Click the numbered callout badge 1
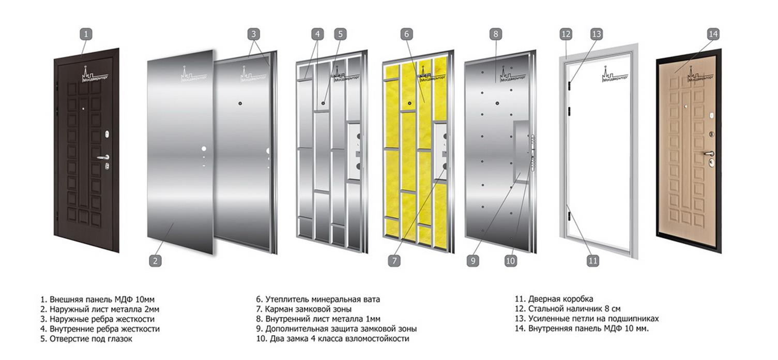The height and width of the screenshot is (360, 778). tap(86, 34)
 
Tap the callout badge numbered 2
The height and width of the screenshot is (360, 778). tap(155, 261)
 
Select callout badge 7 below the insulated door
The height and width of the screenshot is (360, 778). tap(394, 261)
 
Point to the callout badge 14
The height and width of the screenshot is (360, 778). tap(713, 34)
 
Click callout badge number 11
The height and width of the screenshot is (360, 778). tap(592, 261)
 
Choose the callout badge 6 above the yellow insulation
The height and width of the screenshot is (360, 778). tap(407, 34)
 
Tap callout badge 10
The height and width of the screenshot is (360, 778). tap(511, 261)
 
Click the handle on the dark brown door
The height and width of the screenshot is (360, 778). tap(103, 157)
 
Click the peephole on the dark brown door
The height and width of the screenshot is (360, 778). tap(83, 109)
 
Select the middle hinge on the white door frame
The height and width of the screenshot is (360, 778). tap(570, 111)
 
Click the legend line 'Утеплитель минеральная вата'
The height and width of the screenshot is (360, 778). tap(318, 299)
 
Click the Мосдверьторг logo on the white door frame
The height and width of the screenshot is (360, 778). tap(615, 73)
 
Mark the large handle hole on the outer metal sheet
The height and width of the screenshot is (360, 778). tap(204, 149)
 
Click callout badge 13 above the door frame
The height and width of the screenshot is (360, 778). tap(597, 34)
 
